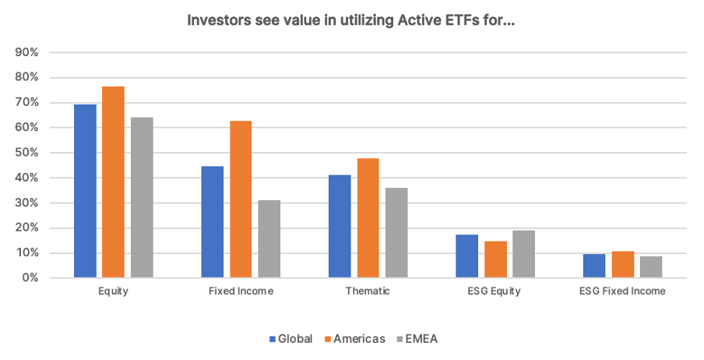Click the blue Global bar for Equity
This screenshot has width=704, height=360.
(x=85, y=191)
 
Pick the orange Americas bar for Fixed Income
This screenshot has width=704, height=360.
(x=241, y=199)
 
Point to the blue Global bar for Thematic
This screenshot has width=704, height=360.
(x=340, y=226)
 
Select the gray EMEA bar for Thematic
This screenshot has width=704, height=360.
(x=396, y=232)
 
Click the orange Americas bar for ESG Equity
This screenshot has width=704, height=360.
(x=495, y=259)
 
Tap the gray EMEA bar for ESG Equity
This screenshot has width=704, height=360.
(x=523, y=254)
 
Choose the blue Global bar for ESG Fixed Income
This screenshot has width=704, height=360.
(x=594, y=266)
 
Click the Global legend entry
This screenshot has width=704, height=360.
(x=290, y=339)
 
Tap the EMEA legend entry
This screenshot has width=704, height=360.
(x=421, y=339)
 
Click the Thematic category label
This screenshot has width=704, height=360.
(x=368, y=291)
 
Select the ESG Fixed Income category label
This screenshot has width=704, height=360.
(x=622, y=291)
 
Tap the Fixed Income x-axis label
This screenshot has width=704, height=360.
(x=241, y=291)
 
